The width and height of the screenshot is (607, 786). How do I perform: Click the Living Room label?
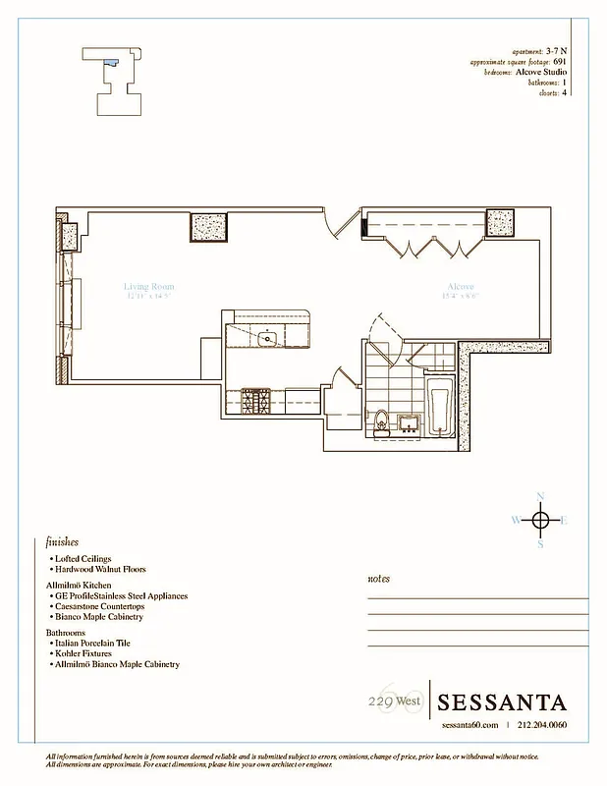click(x=148, y=287)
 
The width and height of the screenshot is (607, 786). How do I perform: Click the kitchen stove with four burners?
click(x=257, y=400)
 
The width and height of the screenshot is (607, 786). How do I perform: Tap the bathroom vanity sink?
click(x=409, y=423)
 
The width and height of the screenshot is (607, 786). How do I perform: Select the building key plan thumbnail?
click(x=117, y=79)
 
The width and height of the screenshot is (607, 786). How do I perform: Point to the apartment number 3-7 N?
click(x=556, y=50)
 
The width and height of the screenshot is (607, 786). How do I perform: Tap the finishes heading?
click(x=62, y=541)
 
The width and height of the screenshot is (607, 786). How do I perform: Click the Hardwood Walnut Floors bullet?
click(x=101, y=569)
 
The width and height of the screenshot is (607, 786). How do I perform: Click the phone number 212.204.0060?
click(x=541, y=725)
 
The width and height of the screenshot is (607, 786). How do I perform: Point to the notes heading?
click(x=378, y=579)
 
